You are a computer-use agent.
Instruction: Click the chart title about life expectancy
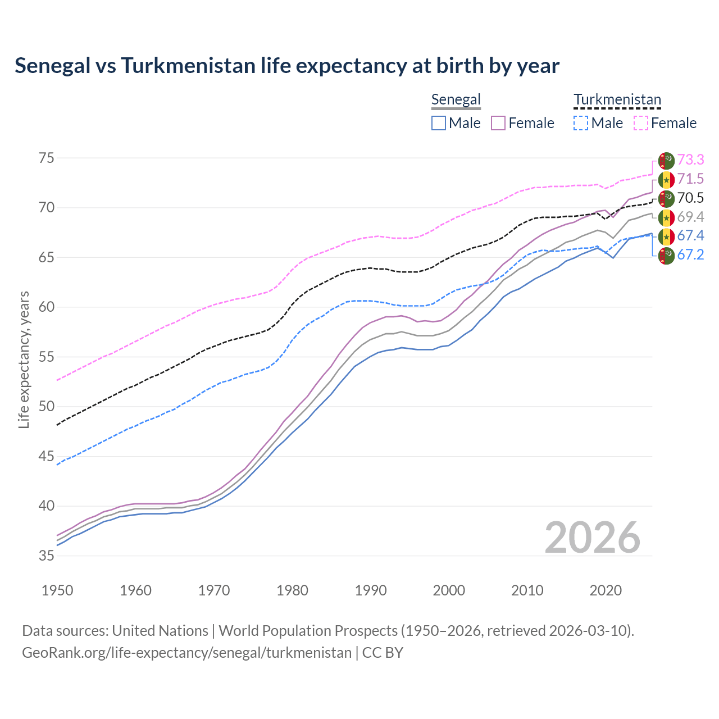pyautogui.click(x=287, y=66)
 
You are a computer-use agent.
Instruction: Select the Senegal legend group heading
pyautogui.click(x=456, y=99)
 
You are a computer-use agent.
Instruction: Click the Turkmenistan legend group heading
pyautogui.click(x=617, y=99)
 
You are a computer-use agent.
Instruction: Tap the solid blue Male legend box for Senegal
pyautogui.click(x=439, y=123)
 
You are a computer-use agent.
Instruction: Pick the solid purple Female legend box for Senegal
pyautogui.click(x=498, y=123)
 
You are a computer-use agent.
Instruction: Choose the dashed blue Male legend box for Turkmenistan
pyautogui.click(x=581, y=123)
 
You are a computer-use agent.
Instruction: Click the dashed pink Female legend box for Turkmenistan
pyautogui.click(x=640, y=123)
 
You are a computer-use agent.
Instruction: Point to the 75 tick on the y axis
pyautogui.click(x=46, y=158)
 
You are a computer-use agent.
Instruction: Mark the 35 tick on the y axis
pyautogui.click(x=46, y=556)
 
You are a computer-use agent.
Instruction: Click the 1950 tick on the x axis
pyautogui.click(x=57, y=590)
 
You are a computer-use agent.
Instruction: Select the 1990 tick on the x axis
pyautogui.click(x=371, y=590)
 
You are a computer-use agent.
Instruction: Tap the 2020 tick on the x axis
pyautogui.click(x=606, y=590)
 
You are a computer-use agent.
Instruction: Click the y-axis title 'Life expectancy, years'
pyautogui.click(x=24, y=359)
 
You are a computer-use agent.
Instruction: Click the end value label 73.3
pyautogui.click(x=690, y=160)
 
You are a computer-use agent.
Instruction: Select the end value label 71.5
pyautogui.click(x=690, y=179)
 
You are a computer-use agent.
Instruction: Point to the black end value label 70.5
pyautogui.click(x=690, y=198)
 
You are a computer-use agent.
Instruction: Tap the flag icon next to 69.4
pyautogui.click(x=666, y=217)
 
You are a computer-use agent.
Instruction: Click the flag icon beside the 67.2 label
pyautogui.click(x=666, y=255)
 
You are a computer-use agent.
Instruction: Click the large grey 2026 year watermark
pyautogui.click(x=592, y=538)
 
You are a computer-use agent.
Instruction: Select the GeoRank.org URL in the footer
pyautogui.click(x=186, y=653)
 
